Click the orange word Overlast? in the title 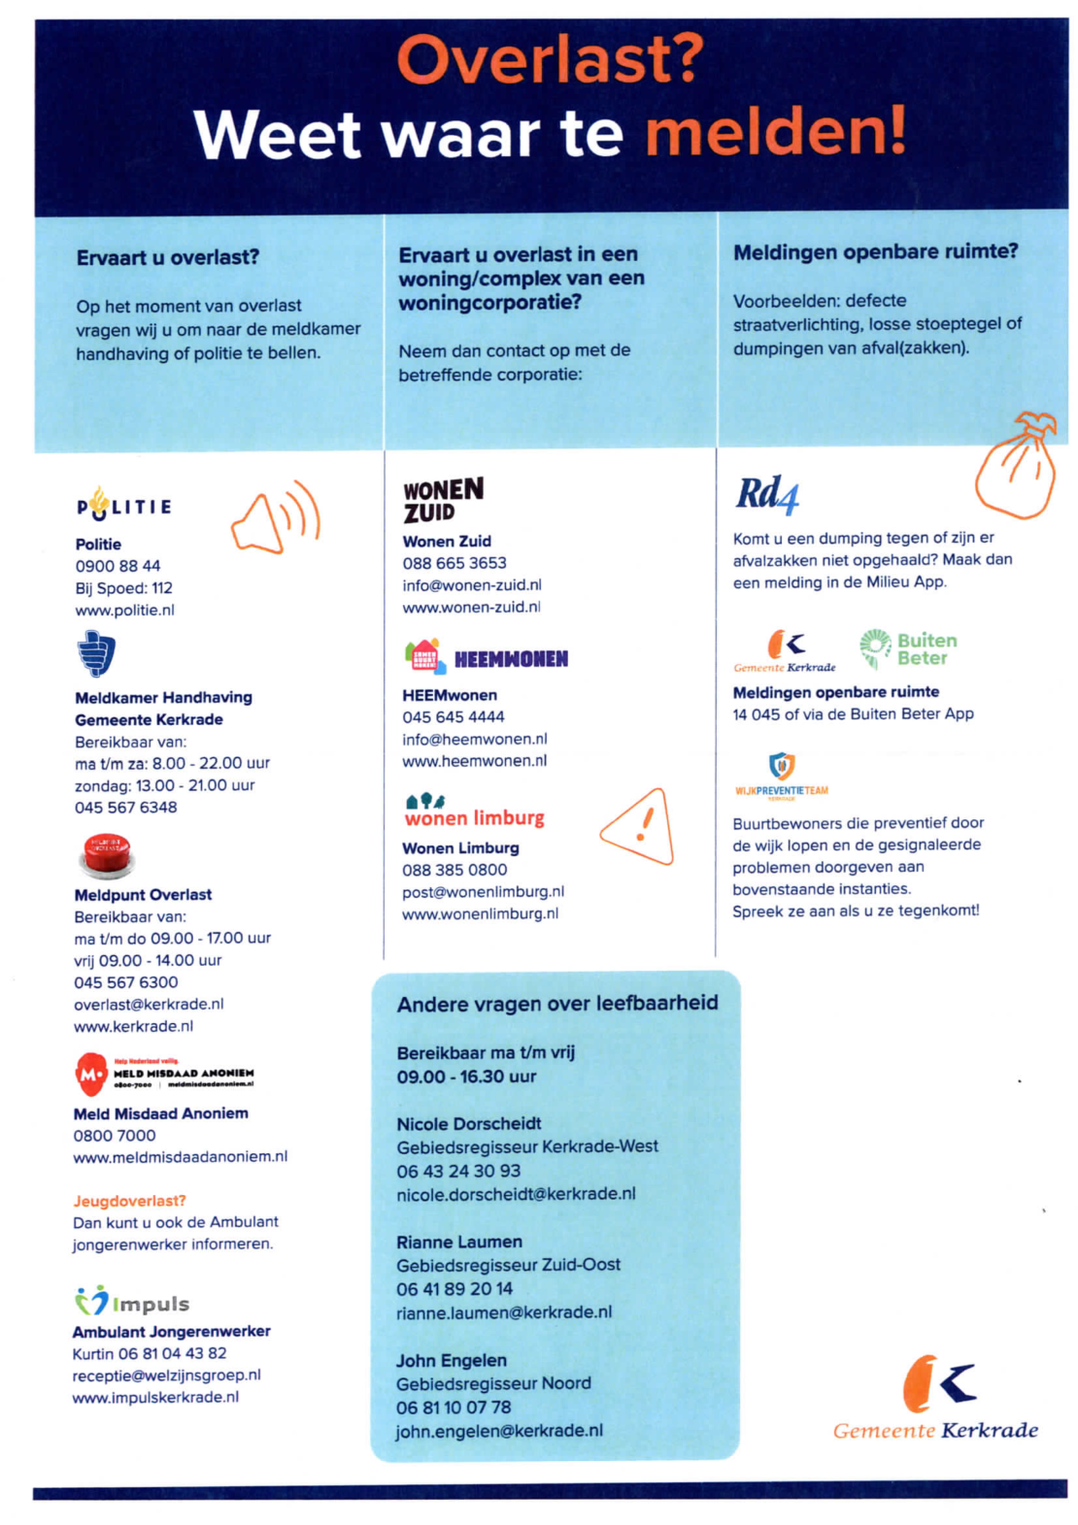[550, 61]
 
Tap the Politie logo [124, 505]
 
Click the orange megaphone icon [275, 517]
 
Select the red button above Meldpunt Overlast [105, 855]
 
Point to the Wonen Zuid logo [442, 500]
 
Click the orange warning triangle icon [638, 827]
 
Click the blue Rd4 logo [767, 495]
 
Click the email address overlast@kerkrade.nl [149, 1004]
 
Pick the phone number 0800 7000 [115, 1135]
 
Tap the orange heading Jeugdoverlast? [129, 1201]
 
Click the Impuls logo [131, 1302]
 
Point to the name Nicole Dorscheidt [468, 1123]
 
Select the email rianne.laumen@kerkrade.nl [503, 1312]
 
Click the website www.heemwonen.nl [474, 761]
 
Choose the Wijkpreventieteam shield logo [781, 767]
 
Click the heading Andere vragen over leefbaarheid [556, 1004]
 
